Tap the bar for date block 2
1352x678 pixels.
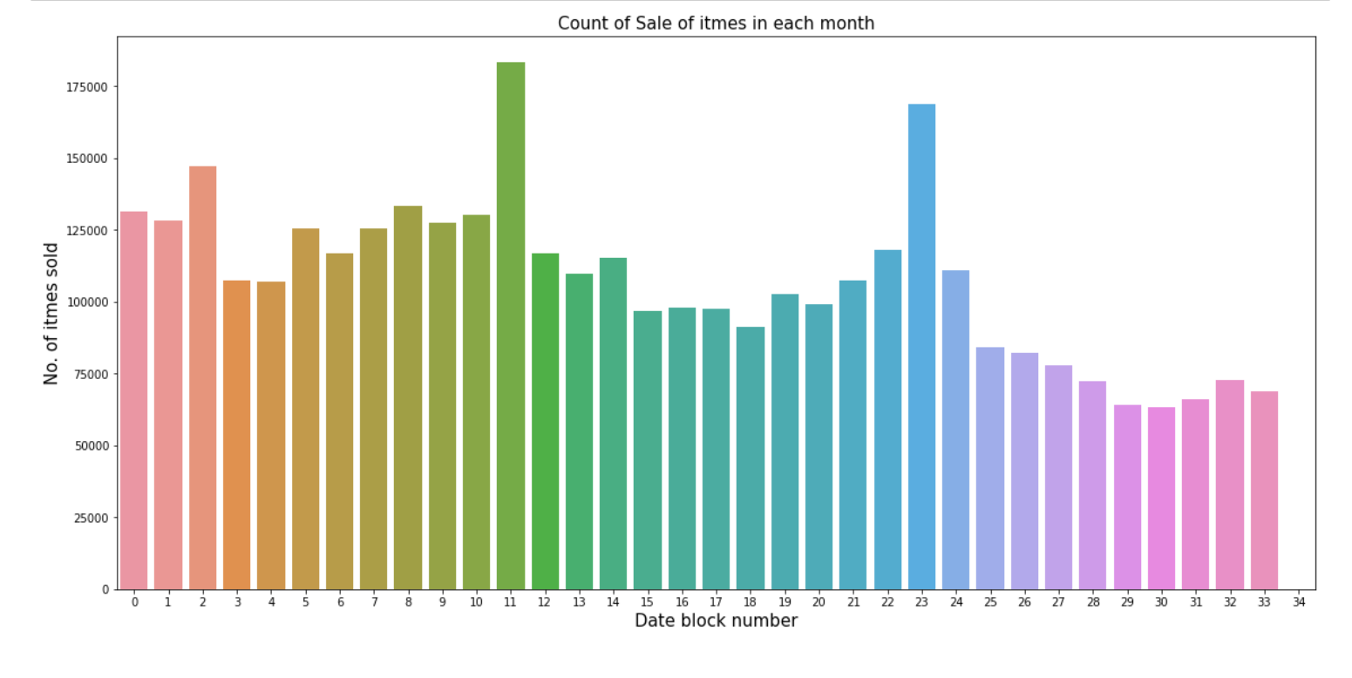(x=202, y=377)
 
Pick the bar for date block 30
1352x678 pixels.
(x=1161, y=498)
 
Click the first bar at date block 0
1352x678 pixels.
(x=134, y=400)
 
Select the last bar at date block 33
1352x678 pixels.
(x=1264, y=490)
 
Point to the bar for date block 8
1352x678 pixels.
(x=408, y=397)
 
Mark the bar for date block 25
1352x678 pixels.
(x=990, y=468)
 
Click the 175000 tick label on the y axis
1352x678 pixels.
(x=89, y=87)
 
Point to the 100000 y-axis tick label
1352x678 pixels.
(x=89, y=302)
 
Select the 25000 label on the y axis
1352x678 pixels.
(x=92, y=518)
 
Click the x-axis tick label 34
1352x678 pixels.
(x=1298, y=602)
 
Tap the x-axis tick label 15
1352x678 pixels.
(x=648, y=602)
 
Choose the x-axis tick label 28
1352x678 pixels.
(x=1092, y=602)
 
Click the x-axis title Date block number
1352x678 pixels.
(x=716, y=621)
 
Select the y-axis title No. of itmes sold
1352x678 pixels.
(x=51, y=313)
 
